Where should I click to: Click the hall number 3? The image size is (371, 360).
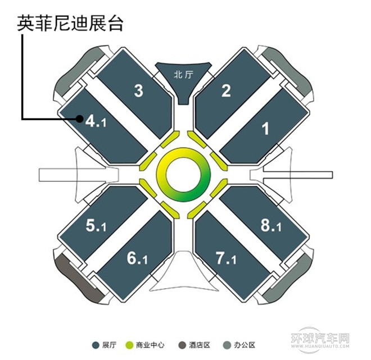pos(139,91)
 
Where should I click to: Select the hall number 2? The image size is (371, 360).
pos(226,91)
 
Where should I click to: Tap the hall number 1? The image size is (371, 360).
pos(266,129)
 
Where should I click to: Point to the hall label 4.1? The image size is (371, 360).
pos(96,120)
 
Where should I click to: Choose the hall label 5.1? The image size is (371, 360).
pos(96,226)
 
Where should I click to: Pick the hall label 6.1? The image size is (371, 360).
pos(137,259)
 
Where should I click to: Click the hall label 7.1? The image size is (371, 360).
pos(227,259)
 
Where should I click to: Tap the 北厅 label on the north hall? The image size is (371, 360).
pos(183,74)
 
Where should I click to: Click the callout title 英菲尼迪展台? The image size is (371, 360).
pos(70,24)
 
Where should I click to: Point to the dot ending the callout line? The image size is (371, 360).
pos(79,119)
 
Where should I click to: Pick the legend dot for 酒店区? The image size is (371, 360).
pos(181,344)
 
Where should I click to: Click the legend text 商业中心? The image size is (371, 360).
pos(149,344)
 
